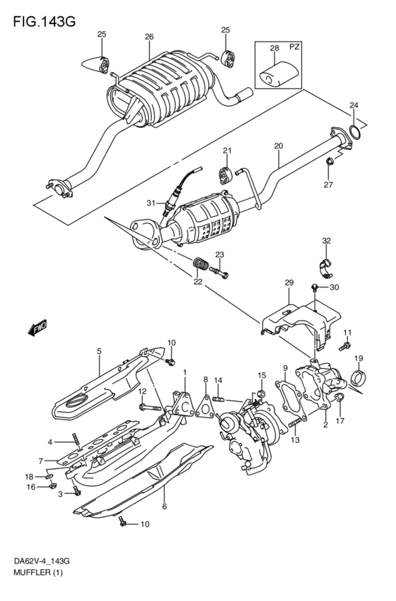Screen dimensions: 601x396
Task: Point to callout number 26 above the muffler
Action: pos(148,37)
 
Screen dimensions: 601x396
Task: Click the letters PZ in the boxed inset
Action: pos(295,48)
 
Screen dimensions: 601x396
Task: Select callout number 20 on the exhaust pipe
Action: pos(278,146)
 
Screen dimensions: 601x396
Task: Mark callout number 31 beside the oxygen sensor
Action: pos(151,203)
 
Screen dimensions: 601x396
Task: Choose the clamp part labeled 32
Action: pos(325,267)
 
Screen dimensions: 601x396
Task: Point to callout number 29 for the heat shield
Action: pos(289,282)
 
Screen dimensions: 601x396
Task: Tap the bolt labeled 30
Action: pos(315,287)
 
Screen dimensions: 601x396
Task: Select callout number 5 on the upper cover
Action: pos(99,350)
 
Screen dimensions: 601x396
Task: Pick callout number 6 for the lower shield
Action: pos(164,506)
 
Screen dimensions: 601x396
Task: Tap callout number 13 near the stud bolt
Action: pos(296,439)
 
